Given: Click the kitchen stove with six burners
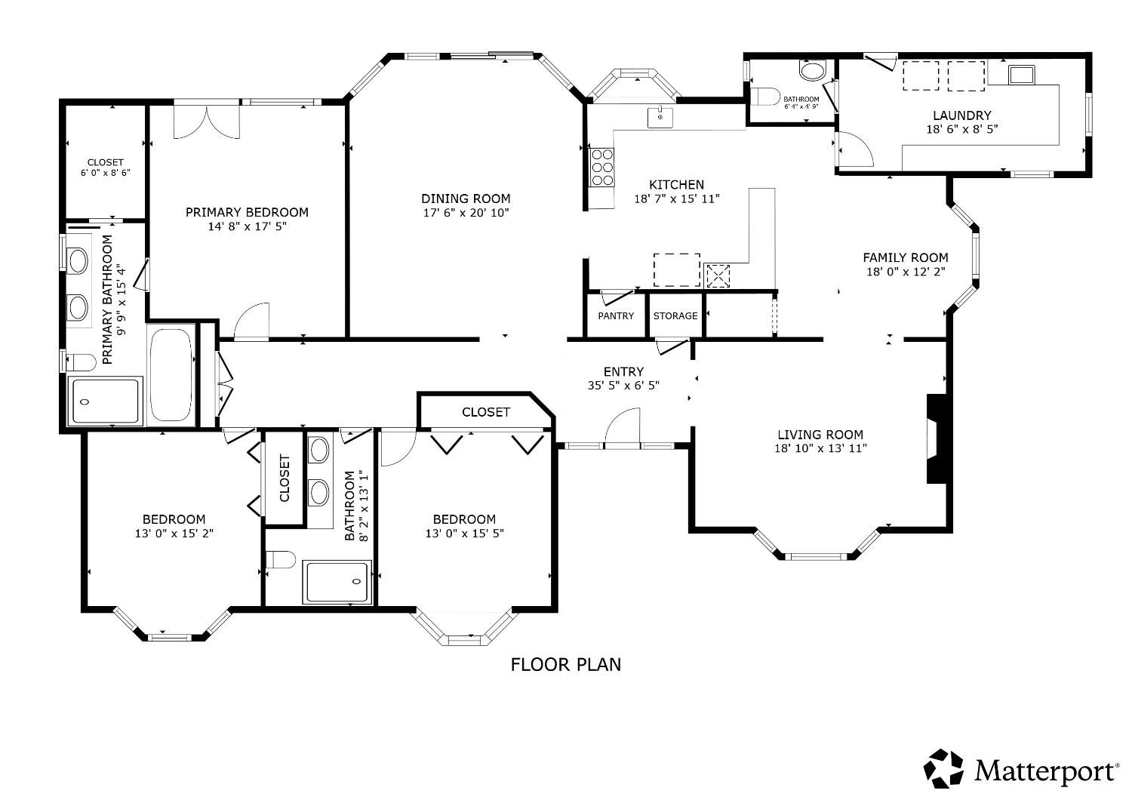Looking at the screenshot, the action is [602, 168].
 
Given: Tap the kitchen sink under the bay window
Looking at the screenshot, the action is [660, 117].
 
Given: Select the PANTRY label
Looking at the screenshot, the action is [616, 316].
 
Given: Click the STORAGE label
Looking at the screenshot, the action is [675, 316].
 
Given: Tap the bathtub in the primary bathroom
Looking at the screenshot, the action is [171, 376].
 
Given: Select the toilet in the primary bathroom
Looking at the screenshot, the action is [81, 362].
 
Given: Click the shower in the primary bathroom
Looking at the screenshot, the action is [105, 402].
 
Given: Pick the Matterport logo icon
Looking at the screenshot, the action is [943, 768].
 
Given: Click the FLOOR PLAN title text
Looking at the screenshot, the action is [565, 665].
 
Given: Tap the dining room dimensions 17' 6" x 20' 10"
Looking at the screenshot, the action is [466, 213].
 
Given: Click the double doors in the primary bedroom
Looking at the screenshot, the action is [207, 122].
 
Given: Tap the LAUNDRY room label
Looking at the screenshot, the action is [961, 115].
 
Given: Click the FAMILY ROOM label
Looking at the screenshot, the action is [905, 258].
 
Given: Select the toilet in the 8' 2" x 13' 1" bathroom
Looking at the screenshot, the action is [281, 559].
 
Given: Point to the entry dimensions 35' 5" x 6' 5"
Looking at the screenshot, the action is [623, 386].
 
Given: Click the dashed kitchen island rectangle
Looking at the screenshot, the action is [677, 270].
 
